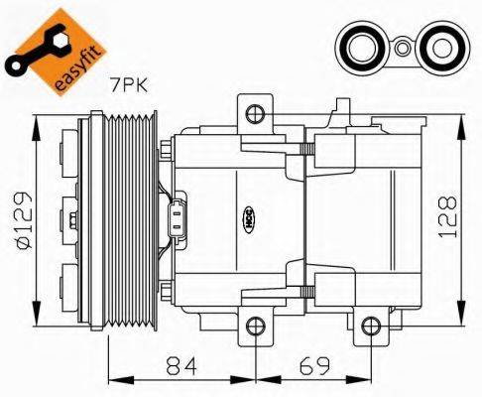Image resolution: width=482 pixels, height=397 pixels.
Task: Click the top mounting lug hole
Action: (253, 112)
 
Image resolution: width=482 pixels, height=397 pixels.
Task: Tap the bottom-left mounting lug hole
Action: (254, 325)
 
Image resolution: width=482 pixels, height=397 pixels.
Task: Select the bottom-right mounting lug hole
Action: (370, 325)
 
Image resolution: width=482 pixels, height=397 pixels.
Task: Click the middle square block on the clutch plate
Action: (69, 217)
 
